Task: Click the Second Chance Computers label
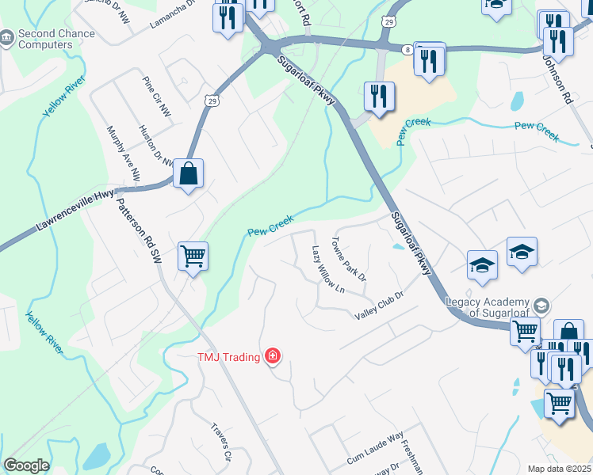[56, 39]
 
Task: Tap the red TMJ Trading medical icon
[273, 356]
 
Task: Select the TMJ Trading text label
[228, 357]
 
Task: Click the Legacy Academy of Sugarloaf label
[487, 307]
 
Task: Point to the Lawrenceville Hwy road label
[75, 211]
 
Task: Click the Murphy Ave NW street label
[123, 154]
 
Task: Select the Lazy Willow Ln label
[327, 269]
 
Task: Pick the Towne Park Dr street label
[349, 259]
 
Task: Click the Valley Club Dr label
[380, 305]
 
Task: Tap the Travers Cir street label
[220, 443]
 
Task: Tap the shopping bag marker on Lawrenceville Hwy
[189, 173]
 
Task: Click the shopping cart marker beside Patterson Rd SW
[193, 256]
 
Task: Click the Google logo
[26, 465]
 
